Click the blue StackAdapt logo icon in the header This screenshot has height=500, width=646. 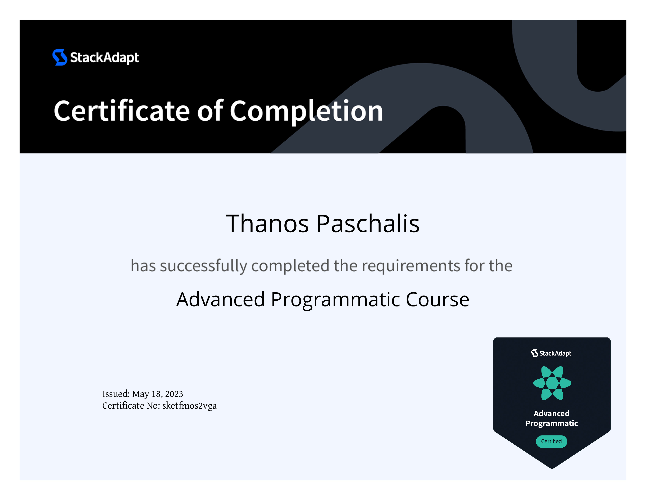pos(60,57)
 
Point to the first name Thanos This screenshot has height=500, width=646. pos(267,224)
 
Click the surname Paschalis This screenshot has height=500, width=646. pos(368,224)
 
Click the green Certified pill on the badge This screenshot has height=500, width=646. pos(551,441)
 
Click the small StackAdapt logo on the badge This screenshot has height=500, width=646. pos(551,353)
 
